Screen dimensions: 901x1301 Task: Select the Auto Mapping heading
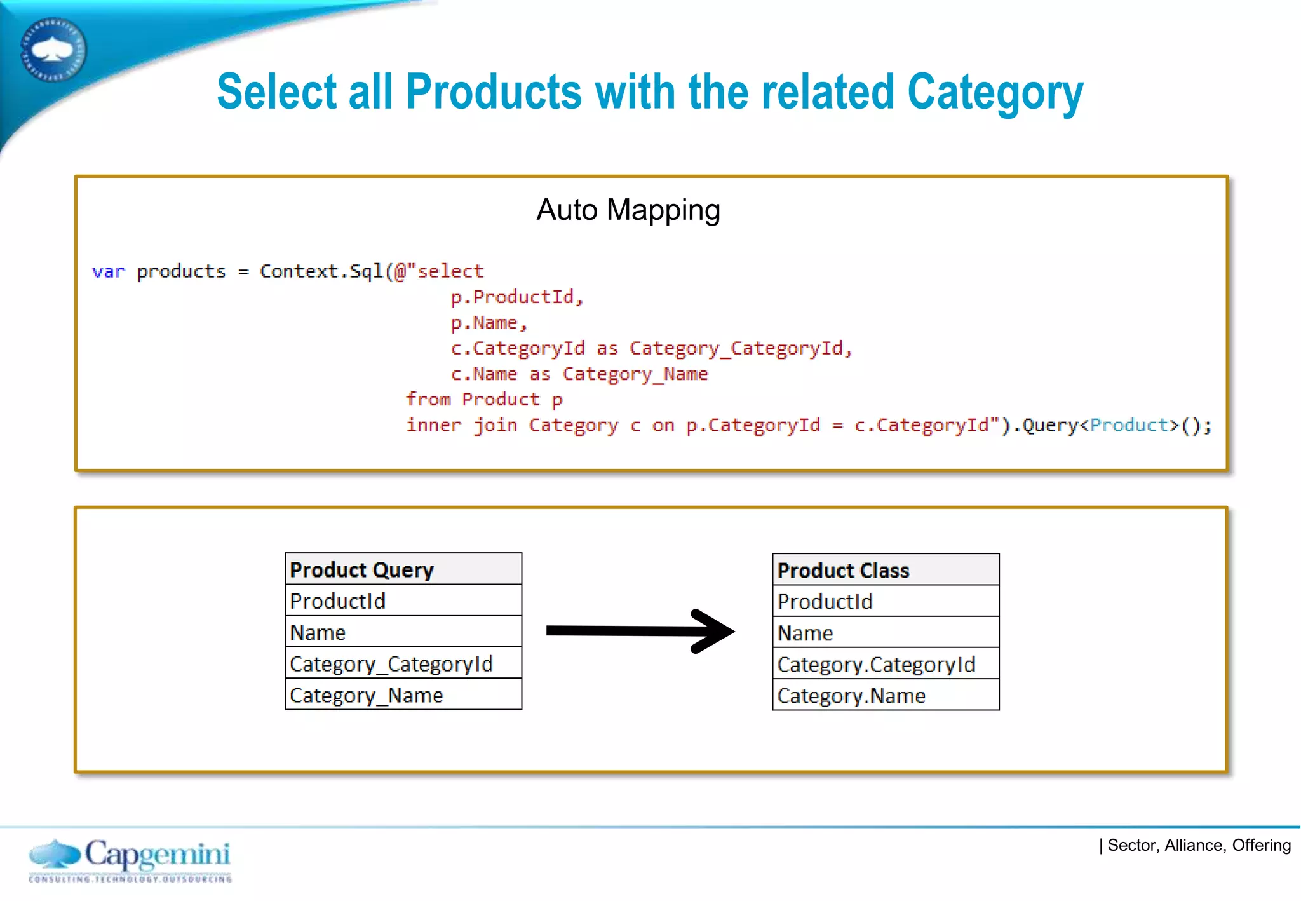[628, 210]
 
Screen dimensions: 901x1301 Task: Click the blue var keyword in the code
[108, 272]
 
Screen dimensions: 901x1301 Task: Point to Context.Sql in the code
[321, 271]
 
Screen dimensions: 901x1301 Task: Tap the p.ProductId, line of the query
[516, 297]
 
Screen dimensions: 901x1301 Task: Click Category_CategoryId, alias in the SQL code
[740, 349]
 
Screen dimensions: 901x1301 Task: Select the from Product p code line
[484, 400]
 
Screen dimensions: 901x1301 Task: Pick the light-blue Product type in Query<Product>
[1129, 425]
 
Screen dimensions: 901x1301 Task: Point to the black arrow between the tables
[640, 631]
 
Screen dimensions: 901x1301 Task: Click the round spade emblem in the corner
[53, 50]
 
